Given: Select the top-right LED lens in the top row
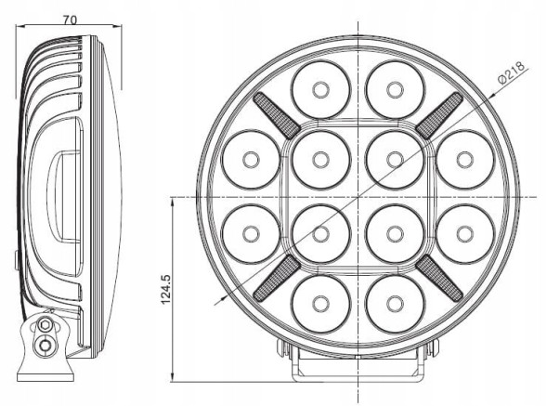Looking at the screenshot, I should [x=393, y=90].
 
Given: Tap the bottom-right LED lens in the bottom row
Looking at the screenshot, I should [x=393, y=302].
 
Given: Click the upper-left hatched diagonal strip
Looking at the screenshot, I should [x=274, y=115].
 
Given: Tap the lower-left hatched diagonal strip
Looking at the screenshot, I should [x=276, y=276].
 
